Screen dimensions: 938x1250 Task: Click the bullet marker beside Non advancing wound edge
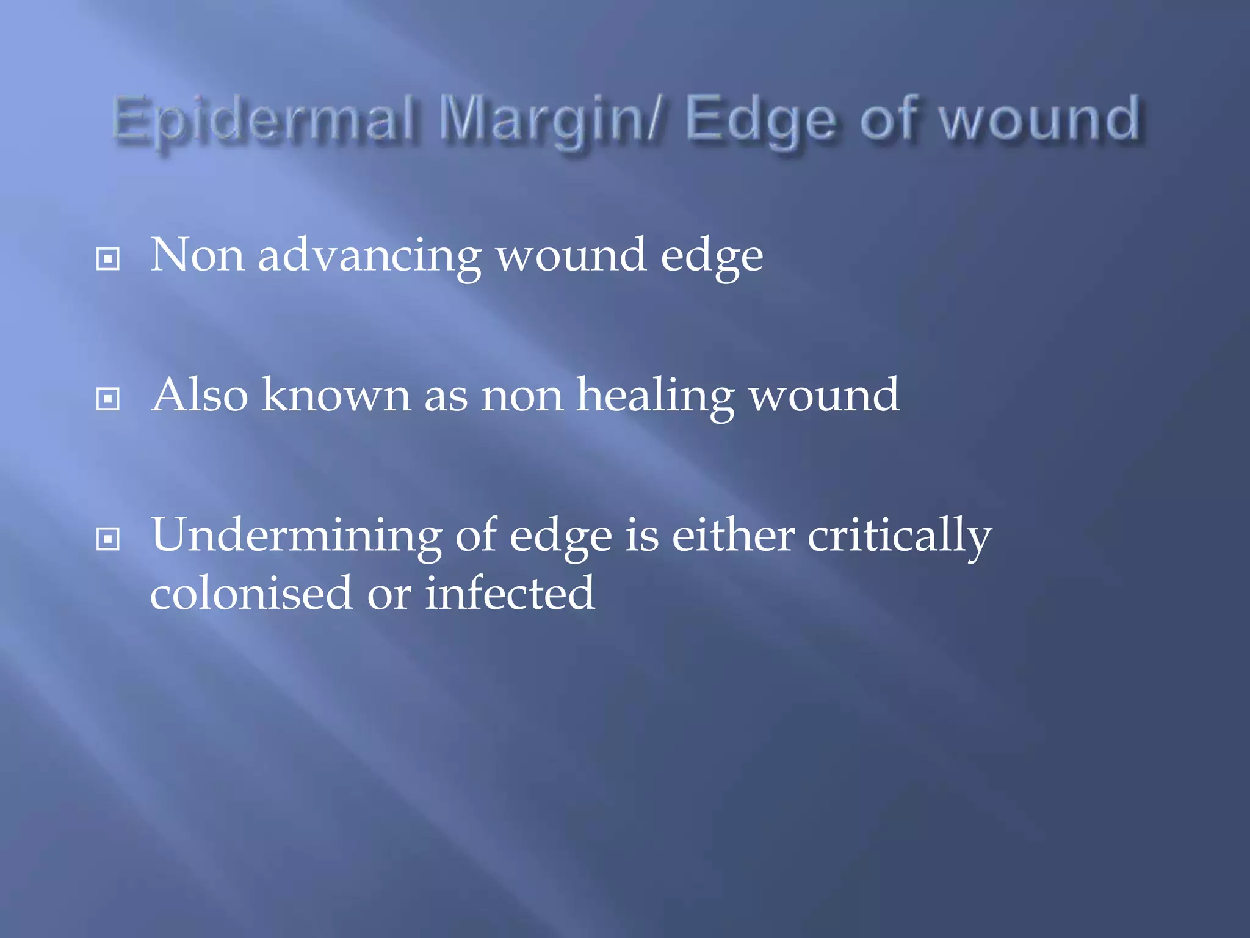[x=108, y=259]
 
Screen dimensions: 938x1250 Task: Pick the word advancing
[x=369, y=256]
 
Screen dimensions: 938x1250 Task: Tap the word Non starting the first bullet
[x=197, y=255]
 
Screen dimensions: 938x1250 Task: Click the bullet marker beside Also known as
[x=108, y=399]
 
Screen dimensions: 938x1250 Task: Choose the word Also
[x=200, y=395]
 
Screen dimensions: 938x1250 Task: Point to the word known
[x=336, y=395]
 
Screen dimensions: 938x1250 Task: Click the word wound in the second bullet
[x=824, y=395]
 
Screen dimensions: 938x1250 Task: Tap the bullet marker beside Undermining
[x=108, y=539]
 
